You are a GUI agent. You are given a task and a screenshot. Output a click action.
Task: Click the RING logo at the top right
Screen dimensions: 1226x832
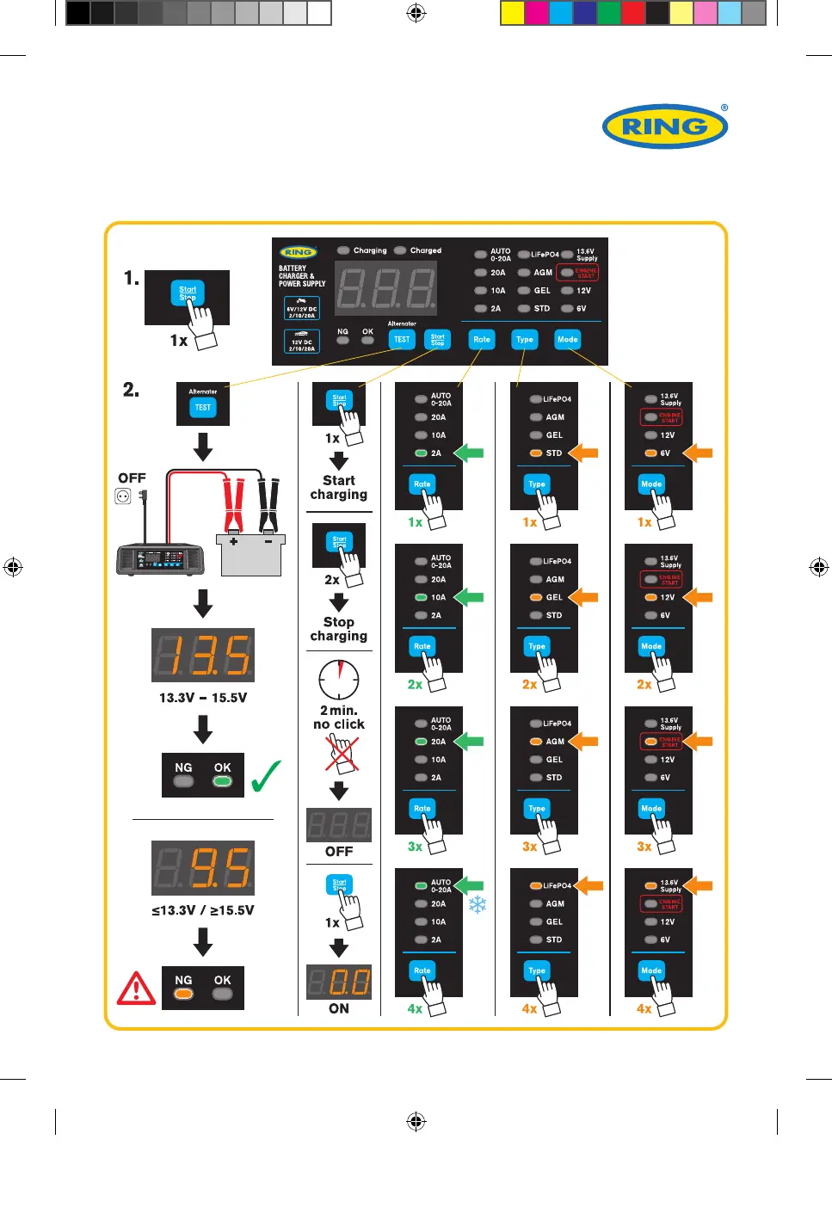tap(665, 126)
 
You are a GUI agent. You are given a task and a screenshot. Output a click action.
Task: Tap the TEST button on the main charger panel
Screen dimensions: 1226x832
tap(402, 340)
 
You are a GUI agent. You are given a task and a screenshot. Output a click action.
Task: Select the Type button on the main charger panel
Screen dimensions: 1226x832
tap(524, 340)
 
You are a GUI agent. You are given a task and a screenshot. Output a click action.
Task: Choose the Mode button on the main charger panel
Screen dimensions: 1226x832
tap(567, 340)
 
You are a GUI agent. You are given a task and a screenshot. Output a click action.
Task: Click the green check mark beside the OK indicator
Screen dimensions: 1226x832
tap(266, 775)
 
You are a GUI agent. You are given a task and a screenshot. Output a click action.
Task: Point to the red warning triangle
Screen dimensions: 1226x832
tap(136, 989)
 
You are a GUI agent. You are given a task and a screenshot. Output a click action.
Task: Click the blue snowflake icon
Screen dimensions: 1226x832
tap(477, 904)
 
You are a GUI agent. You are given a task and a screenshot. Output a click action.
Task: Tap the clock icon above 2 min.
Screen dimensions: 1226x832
tap(339, 680)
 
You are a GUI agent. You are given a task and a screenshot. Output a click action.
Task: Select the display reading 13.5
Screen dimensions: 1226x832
tap(203, 655)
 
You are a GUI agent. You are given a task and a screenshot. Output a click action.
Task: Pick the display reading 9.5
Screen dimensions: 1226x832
tap(203, 867)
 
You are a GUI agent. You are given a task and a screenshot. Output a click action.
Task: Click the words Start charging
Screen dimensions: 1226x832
tap(339, 488)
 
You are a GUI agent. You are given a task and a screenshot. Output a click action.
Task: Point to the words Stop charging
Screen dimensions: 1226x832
tap(339, 629)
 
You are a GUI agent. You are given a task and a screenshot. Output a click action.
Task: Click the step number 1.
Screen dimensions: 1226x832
tap(131, 278)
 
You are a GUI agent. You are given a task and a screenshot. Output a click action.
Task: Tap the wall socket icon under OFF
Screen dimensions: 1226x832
tap(123, 496)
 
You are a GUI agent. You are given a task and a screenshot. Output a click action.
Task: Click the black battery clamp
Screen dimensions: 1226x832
tap(268, 505)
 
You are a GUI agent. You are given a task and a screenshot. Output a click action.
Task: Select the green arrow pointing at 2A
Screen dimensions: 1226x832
tap(469, 453)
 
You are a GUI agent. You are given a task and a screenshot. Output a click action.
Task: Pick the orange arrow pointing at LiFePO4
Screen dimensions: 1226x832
tap(589, 884)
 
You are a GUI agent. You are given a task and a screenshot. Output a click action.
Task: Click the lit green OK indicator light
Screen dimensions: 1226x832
tap(222, 782)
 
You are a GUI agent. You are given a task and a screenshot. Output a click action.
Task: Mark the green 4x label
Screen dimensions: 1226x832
tap(415, 1008)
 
